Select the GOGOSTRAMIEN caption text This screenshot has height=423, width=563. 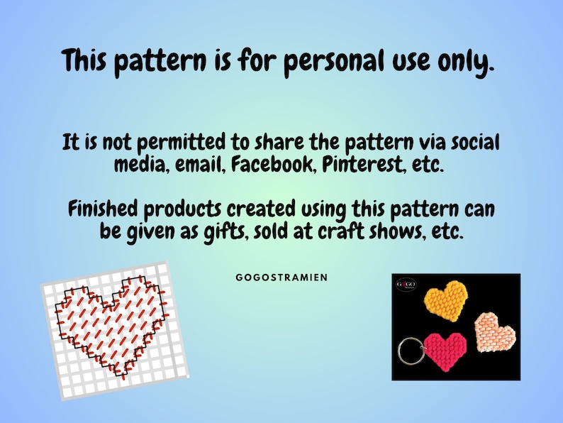click(x=281, y=278)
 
